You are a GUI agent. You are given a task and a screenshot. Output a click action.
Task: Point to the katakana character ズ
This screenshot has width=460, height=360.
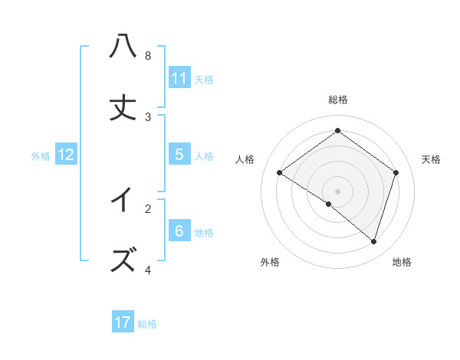[x=123, y=260]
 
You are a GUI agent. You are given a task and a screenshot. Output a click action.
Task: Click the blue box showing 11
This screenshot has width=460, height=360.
[x=179, y=78]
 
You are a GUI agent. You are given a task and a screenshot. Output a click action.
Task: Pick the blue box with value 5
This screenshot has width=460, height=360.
[x=179, y=155]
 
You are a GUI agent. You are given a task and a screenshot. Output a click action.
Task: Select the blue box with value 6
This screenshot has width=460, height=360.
[x=179, y=231]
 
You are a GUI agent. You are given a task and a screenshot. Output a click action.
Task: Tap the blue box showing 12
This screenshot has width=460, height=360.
[x=66, y=155]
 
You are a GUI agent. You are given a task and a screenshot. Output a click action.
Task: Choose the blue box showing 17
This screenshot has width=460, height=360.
[x=123, y=322]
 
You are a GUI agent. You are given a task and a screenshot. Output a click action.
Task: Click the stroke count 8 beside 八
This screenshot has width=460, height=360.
[x=148, y=56]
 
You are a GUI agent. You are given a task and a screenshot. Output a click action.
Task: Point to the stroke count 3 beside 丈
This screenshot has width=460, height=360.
[x=148, y=117]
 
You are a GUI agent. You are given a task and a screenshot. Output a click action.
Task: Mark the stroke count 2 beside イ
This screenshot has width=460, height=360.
[x=148, y=208]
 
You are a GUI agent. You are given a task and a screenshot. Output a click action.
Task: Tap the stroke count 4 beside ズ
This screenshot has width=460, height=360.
[x=148, y=270]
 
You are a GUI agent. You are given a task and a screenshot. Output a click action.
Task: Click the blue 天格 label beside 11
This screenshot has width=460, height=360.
[x=204, y=79]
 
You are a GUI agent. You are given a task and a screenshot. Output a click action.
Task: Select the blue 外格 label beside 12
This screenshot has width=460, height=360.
[x=41, y=155]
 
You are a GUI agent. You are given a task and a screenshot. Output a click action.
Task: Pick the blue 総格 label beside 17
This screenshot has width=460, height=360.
[x=147, y=323]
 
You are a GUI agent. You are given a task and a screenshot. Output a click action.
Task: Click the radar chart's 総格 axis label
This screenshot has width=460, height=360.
[x=338, y=100]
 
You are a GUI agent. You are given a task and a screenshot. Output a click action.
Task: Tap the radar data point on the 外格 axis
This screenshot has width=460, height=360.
[x=328, y=205]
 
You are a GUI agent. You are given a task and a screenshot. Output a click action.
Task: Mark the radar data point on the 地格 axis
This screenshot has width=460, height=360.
[x=373, y=241]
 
